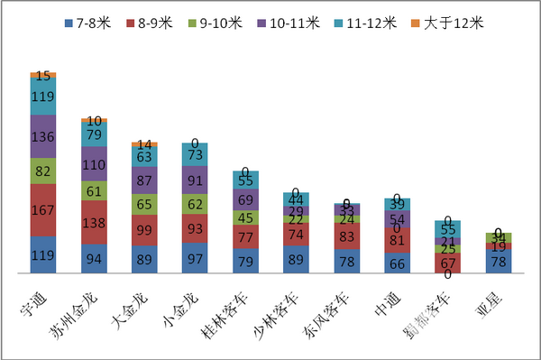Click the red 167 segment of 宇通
click(x=43, y=210)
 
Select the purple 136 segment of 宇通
click(x=43, y=137)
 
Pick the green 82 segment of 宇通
click(x=43, y=171)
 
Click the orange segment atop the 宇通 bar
click(x=43, y=74)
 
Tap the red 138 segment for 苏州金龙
click(x=95, y=221)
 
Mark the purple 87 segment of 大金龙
click(x=145, y=180)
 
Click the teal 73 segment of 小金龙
click(x=196, y=154)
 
